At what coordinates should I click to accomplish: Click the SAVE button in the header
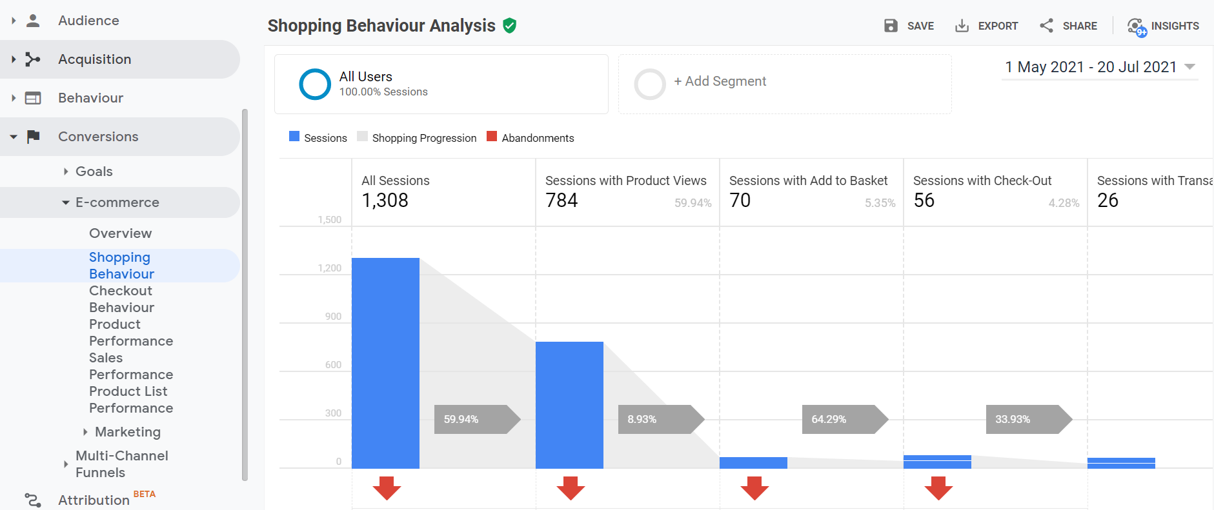tap(909, 26)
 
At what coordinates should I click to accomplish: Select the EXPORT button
tap(986, 26)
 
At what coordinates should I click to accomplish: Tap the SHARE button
tap(1068, 26)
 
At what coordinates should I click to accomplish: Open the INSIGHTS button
tap(1163, 26)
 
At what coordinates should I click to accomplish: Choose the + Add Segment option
tap(720, 81)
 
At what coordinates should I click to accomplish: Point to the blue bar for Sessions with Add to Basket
tap(753, 462)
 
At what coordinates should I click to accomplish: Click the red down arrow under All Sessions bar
tap(387, 488)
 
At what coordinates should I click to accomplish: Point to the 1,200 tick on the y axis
tap(330, 268)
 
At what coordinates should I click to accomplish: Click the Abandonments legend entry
tap(531, 138)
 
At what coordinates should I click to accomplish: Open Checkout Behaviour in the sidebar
tap(121, 299)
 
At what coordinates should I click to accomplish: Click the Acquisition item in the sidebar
tap(94, 59)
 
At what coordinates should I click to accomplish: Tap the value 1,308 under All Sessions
tap(385, 201)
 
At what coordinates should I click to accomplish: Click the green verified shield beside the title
tap(510, 26)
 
